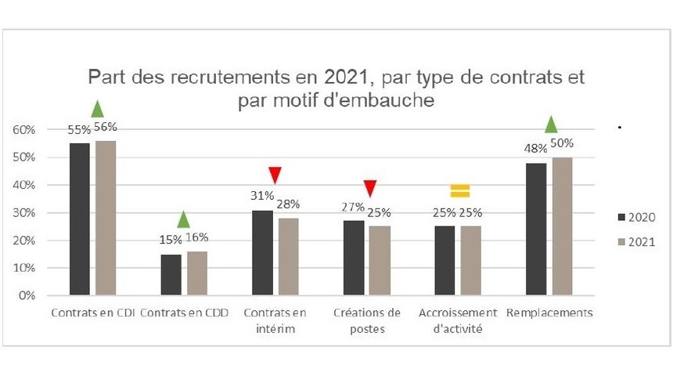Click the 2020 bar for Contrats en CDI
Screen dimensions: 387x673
point(81,219)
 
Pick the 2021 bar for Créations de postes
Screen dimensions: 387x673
point(380,261)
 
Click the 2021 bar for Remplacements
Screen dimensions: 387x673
point(563,226)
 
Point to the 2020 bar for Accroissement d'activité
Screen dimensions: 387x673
point(444,261)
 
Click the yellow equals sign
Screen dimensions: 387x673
point(459,190)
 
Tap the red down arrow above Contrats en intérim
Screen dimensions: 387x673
point(275,175)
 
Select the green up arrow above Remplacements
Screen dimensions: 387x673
point(551,124)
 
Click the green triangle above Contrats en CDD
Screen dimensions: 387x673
point(183,219)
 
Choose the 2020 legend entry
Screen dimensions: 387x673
point(635,217)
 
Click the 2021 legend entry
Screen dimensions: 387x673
point(635,243)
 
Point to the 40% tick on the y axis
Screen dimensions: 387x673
point(24,185)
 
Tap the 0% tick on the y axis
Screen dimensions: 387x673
point(27,295)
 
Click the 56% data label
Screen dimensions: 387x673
point(106,127)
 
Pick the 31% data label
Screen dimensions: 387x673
point(262,196)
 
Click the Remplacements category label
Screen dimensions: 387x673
point(550,313)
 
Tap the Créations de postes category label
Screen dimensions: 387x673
point(367,320)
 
